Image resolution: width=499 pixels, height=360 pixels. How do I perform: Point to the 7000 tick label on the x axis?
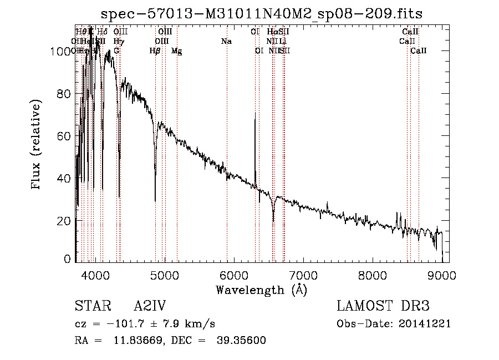[303, 275]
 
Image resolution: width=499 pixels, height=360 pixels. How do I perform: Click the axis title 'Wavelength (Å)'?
[261, 290]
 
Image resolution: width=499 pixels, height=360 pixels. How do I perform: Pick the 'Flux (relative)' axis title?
[37, 145]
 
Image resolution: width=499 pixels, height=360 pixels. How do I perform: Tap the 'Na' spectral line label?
[226, 42]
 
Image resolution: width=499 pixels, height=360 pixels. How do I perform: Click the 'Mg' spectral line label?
[176, 51]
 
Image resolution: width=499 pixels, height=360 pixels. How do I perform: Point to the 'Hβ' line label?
[155, 51]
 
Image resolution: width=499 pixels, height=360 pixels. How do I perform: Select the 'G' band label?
[116, 51]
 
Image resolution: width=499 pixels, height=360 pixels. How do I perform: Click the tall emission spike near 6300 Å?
[255, 116]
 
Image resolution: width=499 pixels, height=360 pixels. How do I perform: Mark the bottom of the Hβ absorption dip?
[155, 200]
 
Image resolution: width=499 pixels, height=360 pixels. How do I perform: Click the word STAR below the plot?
[89, 307]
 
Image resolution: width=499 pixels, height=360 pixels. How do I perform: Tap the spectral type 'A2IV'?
[150, 307]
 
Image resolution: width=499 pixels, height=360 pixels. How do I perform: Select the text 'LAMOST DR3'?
[383, 307]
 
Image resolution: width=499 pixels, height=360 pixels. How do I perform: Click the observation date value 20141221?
[425, 324]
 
